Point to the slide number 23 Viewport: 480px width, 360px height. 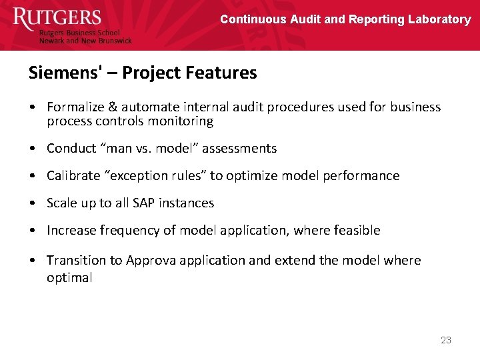pyautogui.click(x=446, y=340)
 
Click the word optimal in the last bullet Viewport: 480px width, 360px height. pyautogui.click(x=69, y=278)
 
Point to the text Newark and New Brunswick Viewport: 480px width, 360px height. pyautogui.click(x=85, y=41)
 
